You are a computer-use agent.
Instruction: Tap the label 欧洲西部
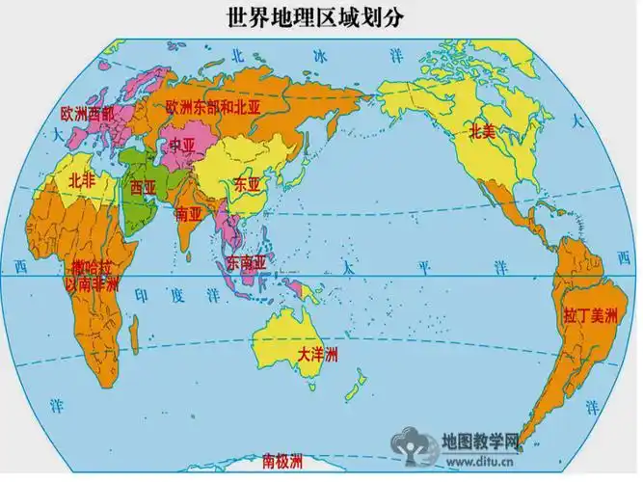click(87, 114)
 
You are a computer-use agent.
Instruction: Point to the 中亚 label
click(182, 145)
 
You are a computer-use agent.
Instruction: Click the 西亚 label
click(143, 187)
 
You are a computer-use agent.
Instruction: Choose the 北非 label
click(83, 180)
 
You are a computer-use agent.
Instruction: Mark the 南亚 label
click(189, 215)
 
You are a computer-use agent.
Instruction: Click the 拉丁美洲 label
click(589, 314)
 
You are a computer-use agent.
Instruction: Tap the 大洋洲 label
click(317, 356)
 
